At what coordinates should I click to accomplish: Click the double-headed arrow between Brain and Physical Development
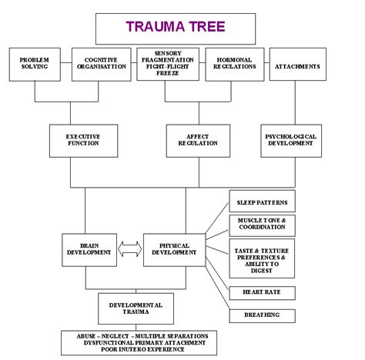click(x=129, y=248)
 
